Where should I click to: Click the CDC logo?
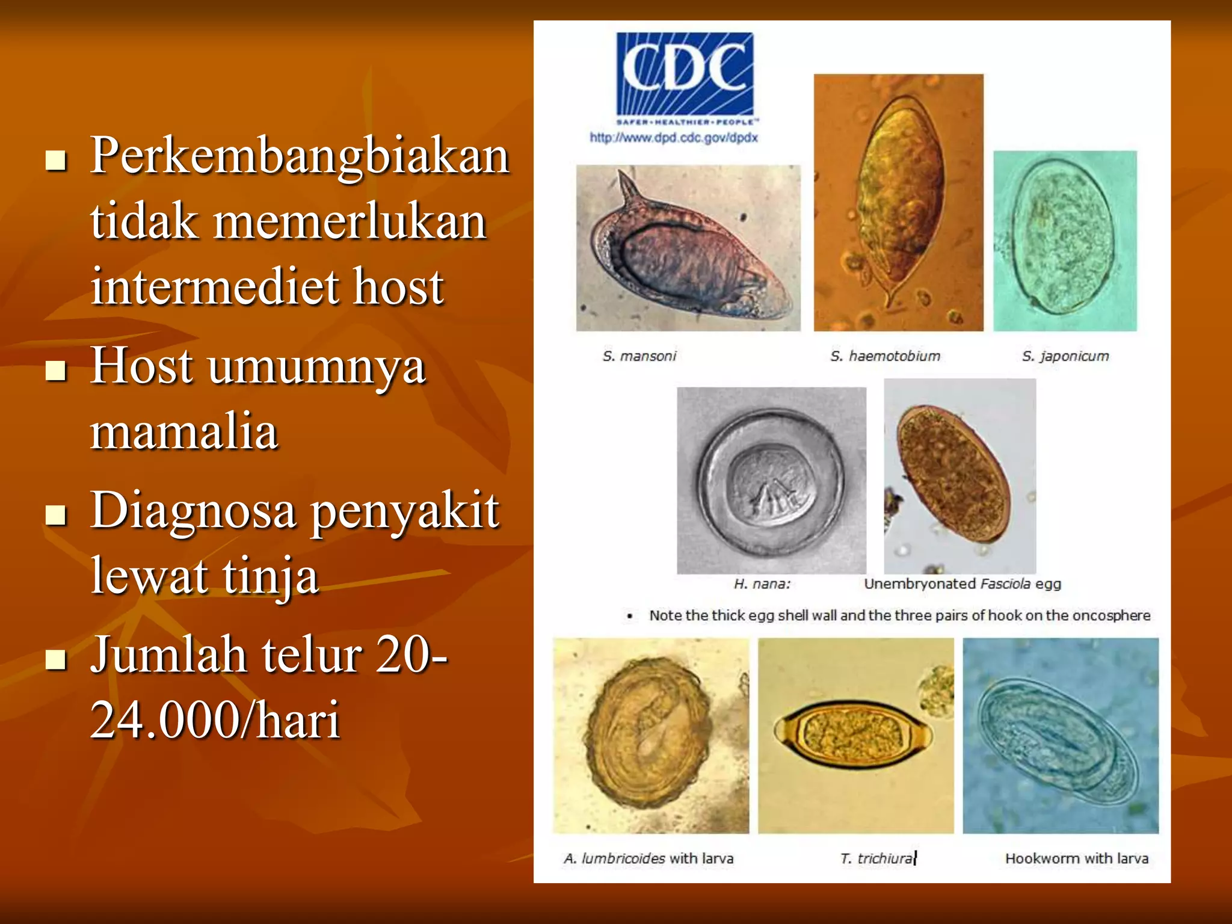coord(685,75)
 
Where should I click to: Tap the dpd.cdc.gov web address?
coord(673,138)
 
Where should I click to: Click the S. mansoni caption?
coord(639,356)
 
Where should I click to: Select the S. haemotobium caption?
coord(885,356)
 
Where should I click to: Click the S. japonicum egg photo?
coord(1064,241)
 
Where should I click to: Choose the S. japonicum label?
coord(1065,356)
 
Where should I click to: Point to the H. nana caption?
coord(762,584)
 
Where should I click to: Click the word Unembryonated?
coord(919,584)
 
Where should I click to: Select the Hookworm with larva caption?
coord(1076,858)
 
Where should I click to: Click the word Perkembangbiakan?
coord(300,156)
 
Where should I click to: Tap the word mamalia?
coord(184,431)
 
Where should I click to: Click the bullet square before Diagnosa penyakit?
coord(55,515)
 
